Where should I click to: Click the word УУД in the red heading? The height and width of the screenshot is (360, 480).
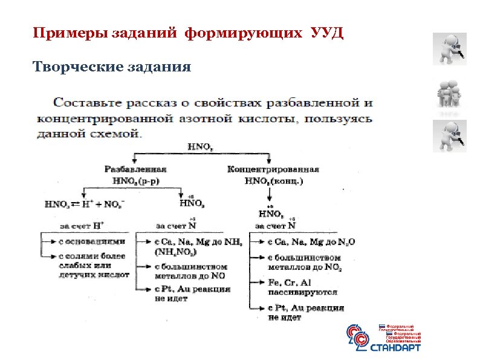(x=326, y=32)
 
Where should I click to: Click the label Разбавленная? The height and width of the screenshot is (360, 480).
(x=135, y=169)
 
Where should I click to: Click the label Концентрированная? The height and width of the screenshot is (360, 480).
(x=273, y=169)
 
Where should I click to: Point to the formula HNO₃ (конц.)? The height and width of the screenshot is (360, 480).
(x=273, y=180)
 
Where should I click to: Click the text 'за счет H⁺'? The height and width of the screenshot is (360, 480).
(x=82, y=226)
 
